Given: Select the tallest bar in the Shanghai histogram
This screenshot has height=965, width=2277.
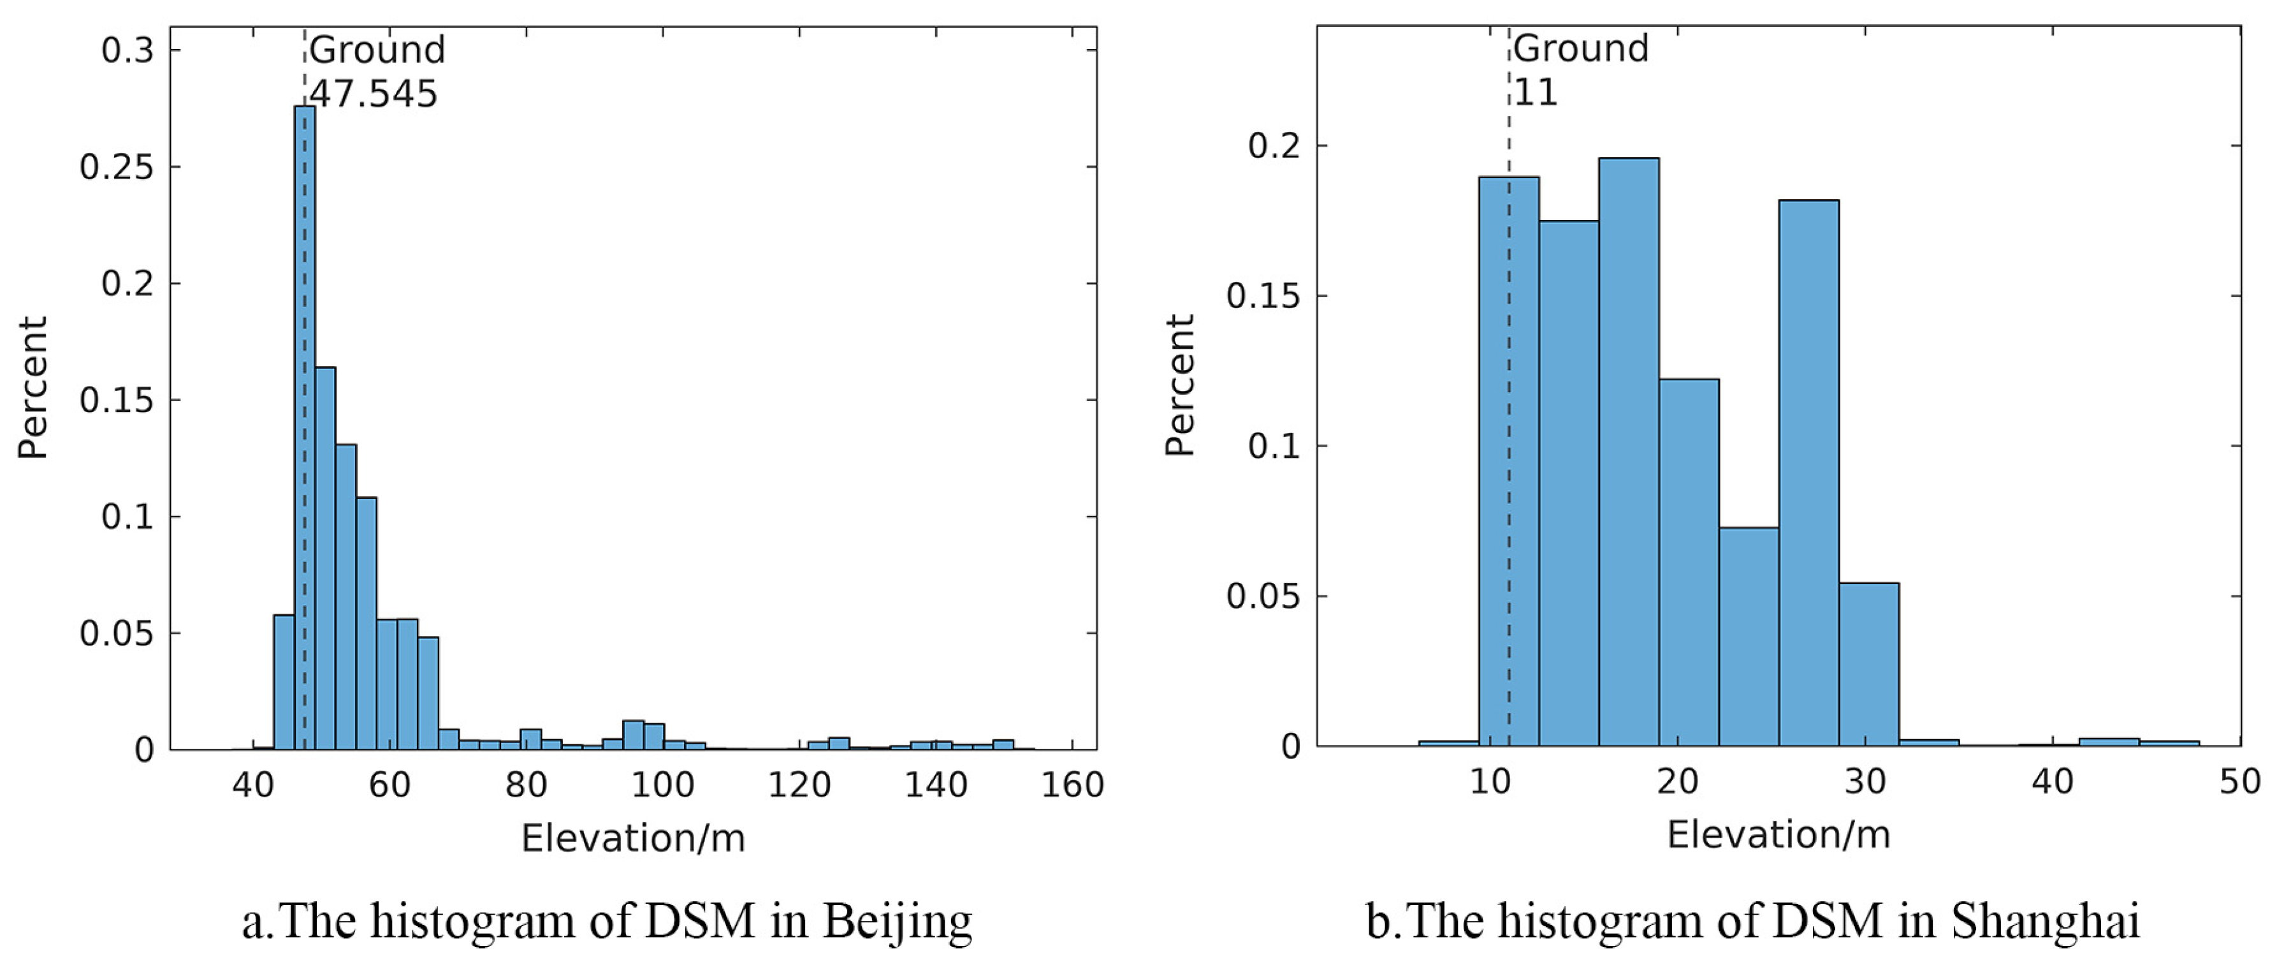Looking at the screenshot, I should coord(1628,451).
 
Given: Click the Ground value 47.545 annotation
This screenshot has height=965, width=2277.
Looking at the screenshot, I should coord(373,94).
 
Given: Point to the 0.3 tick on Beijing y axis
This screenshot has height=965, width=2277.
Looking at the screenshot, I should coord(127,50).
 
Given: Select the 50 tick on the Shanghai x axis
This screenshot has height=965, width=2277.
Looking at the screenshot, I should coord(2239,782).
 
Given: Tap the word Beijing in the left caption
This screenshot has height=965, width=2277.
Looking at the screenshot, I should coord(897,922).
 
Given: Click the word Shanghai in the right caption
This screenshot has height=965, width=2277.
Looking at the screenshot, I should coord(2044,922).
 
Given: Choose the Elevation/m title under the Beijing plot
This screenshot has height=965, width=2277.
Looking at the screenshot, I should coord(633,837).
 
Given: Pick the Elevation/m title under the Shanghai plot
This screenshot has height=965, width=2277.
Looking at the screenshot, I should coord(1778,835).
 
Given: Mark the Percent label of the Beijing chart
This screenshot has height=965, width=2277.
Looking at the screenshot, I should coord(33,387).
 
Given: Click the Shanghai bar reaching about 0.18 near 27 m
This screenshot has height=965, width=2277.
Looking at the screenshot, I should coord(1808,473).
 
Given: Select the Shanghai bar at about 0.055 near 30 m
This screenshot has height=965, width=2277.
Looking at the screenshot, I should coord(1868,663).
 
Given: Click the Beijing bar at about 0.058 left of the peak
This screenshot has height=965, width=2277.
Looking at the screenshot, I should coord(284,681).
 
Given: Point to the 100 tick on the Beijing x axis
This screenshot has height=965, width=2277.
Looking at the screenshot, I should coord(662,785).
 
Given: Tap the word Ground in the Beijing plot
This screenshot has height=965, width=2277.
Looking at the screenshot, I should coord(377,50).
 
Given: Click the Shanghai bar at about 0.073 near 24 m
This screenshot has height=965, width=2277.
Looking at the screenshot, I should coord(1749,637).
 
